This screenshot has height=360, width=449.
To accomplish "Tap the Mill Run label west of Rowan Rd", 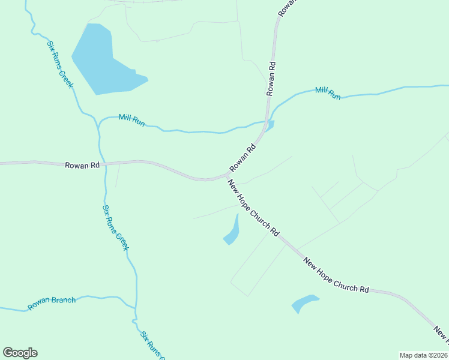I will [x=131, y=119].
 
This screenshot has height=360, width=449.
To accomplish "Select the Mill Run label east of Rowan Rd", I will [x=328, y=93].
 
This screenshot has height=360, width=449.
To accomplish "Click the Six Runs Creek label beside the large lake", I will [x=60, y=64].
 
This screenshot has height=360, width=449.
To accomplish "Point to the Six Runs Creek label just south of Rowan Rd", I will [x=115, y=228].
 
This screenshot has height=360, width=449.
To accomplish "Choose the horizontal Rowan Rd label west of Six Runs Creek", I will [x=82, y=164].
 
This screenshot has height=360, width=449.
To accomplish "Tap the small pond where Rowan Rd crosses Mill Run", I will [x=270, y=125].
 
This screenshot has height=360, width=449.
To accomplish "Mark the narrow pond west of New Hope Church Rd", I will [x=232, y=232].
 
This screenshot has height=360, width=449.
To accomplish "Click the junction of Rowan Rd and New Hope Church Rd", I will [x=226, y=176].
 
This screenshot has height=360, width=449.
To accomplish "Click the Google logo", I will [x=20, y=353].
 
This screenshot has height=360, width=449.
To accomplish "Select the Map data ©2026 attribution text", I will [x=424, y=355].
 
